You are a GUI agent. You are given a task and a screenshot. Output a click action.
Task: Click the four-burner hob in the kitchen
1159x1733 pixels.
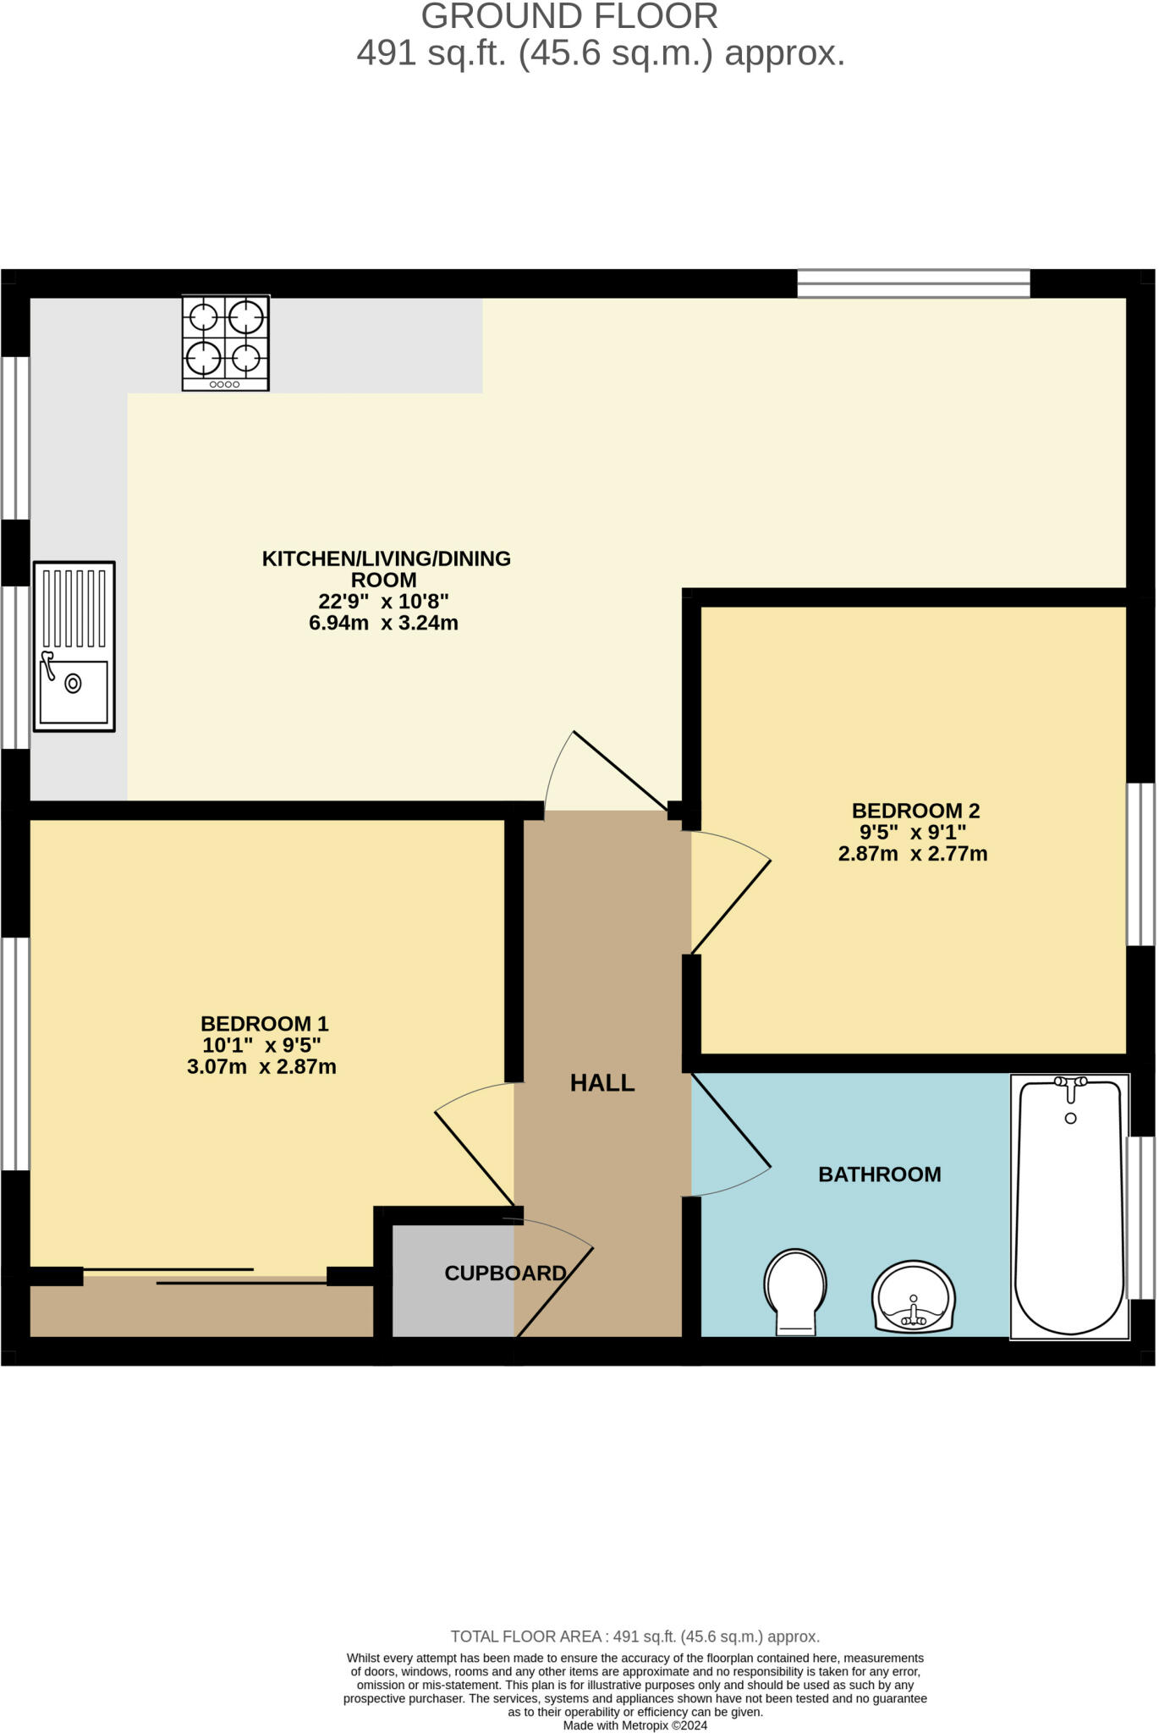(x=226, y=343)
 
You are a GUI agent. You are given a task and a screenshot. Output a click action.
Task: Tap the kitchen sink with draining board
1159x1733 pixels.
(x=74, y=646)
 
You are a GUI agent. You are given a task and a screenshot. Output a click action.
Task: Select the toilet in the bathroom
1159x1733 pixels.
(x=795, y=1291)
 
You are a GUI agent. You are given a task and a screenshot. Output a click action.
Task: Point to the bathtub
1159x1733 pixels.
(x=1070, y=1207)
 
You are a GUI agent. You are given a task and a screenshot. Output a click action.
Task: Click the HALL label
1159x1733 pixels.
(x=602, y=1082)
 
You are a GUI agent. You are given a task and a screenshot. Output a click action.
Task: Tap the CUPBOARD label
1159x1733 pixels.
(x=505, y=1273)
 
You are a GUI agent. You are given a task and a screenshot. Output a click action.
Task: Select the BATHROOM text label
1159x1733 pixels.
(x=880, y=1174)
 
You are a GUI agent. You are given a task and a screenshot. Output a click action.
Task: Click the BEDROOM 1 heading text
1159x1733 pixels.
(x=264, y=1024)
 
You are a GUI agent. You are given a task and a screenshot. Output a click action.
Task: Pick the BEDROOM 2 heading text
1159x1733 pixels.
(x=915, y=811)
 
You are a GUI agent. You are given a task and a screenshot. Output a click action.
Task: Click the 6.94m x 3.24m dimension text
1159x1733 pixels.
(x=384, y=624)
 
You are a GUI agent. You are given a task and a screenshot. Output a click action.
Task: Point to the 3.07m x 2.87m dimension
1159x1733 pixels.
(x=261, y=1067)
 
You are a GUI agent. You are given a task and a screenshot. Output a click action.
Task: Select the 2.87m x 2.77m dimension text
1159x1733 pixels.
(x=913, y=854)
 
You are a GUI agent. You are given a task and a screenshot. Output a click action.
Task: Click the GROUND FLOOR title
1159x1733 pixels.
(x=569, y=16)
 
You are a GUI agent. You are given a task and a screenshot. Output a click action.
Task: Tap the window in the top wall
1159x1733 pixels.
(x=914, y=283)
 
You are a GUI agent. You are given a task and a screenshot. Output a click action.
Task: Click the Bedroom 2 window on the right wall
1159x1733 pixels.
(x=1141, y=864)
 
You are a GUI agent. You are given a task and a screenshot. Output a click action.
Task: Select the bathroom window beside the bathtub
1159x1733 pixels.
(x=1141, y=1218)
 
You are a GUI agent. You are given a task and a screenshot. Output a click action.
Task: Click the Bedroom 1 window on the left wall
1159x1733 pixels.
(x=15, y=1054)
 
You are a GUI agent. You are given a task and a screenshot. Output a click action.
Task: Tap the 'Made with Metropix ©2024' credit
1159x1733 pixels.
(x=635, y=1725)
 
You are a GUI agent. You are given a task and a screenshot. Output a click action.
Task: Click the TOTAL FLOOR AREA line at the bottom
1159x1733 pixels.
(x=635, y=1637)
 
